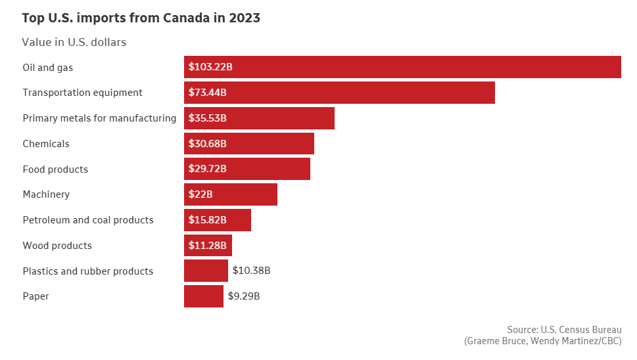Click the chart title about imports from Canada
point(141,18)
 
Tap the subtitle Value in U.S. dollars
point(74,42)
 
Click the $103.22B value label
point(210,67)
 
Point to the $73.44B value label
point(208,93)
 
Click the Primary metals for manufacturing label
point(99,118)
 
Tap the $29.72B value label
point(208,169)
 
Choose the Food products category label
point(55,169)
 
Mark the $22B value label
point(201,194)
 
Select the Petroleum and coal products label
point(88,220)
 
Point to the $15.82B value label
point(208,220)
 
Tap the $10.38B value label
point(251,271)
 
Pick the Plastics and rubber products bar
point(206,271)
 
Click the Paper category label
point(35,296)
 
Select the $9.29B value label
point(244,296)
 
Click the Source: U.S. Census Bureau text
point(564,329)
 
